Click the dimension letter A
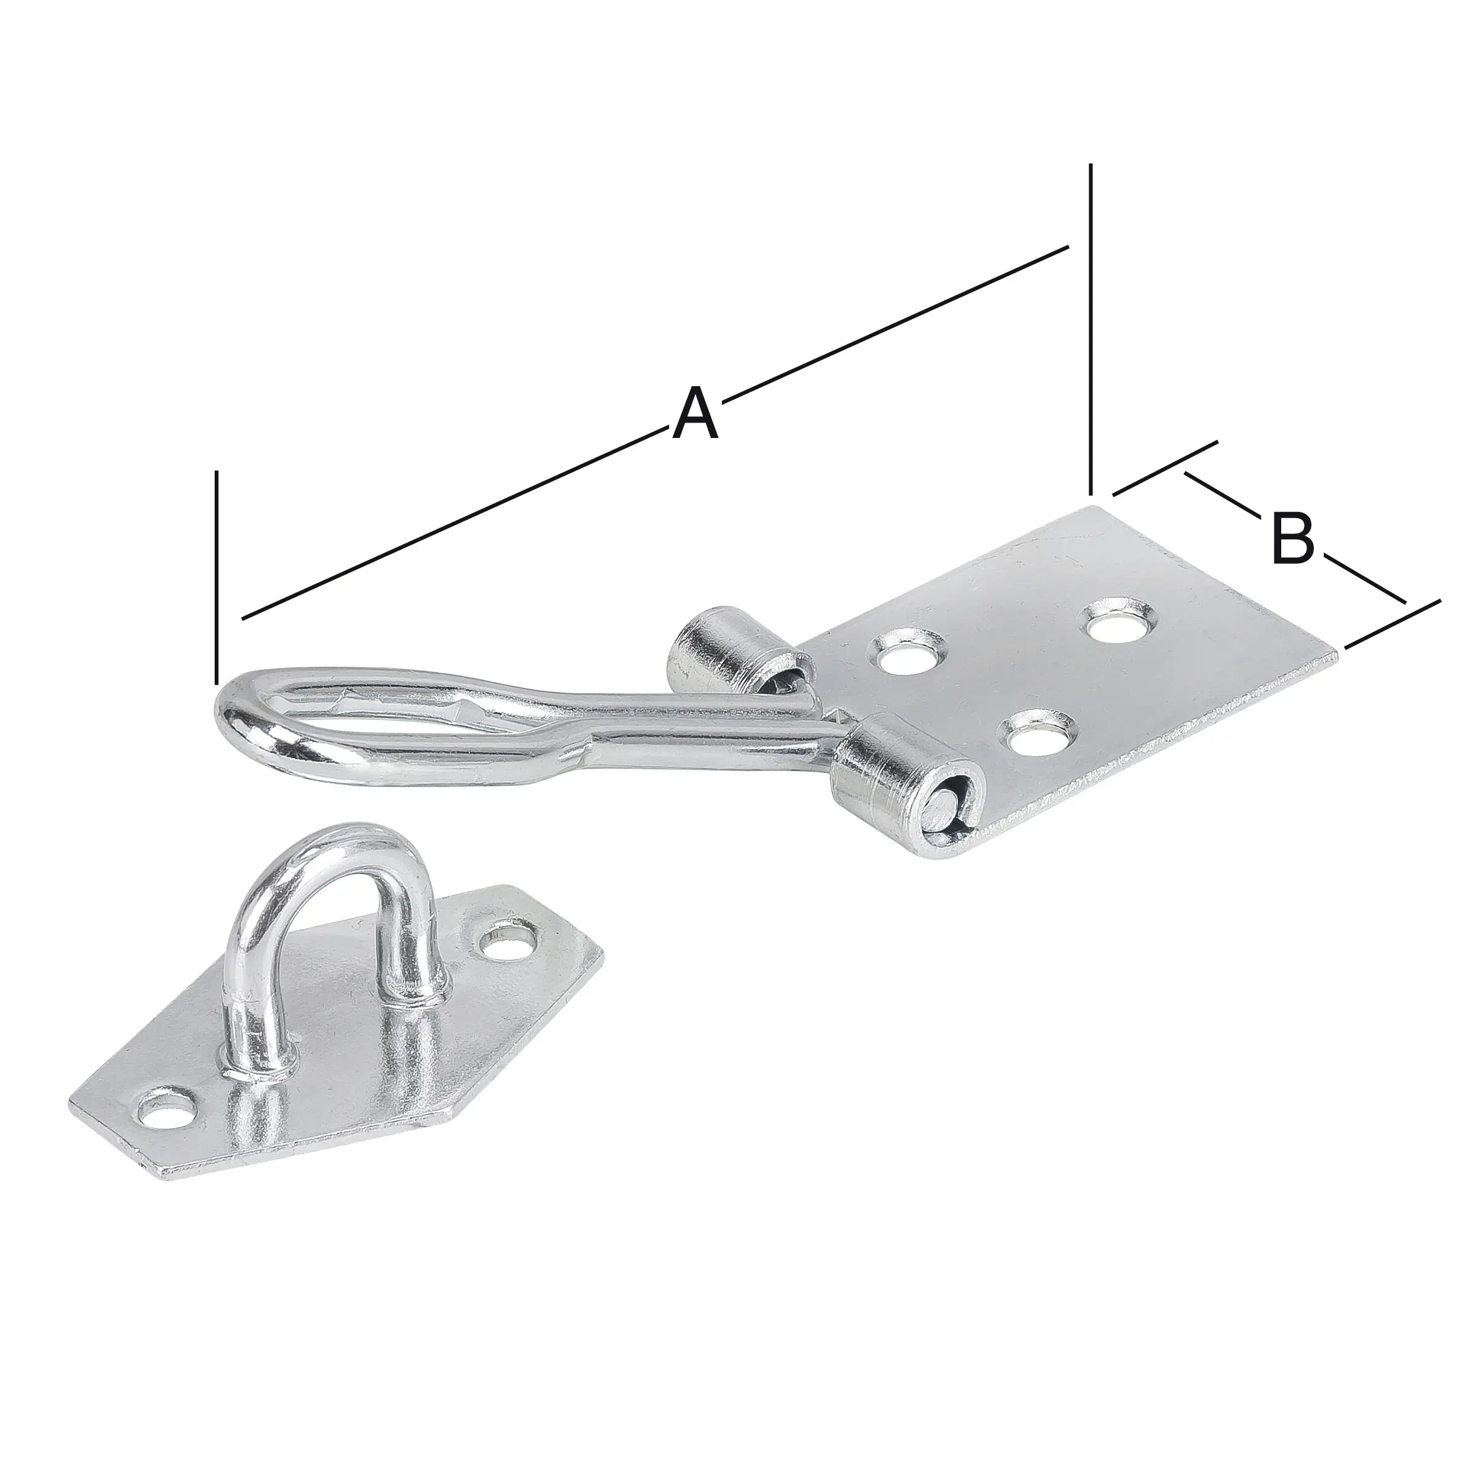695,413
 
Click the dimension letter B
1292,538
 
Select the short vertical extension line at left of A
217,573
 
